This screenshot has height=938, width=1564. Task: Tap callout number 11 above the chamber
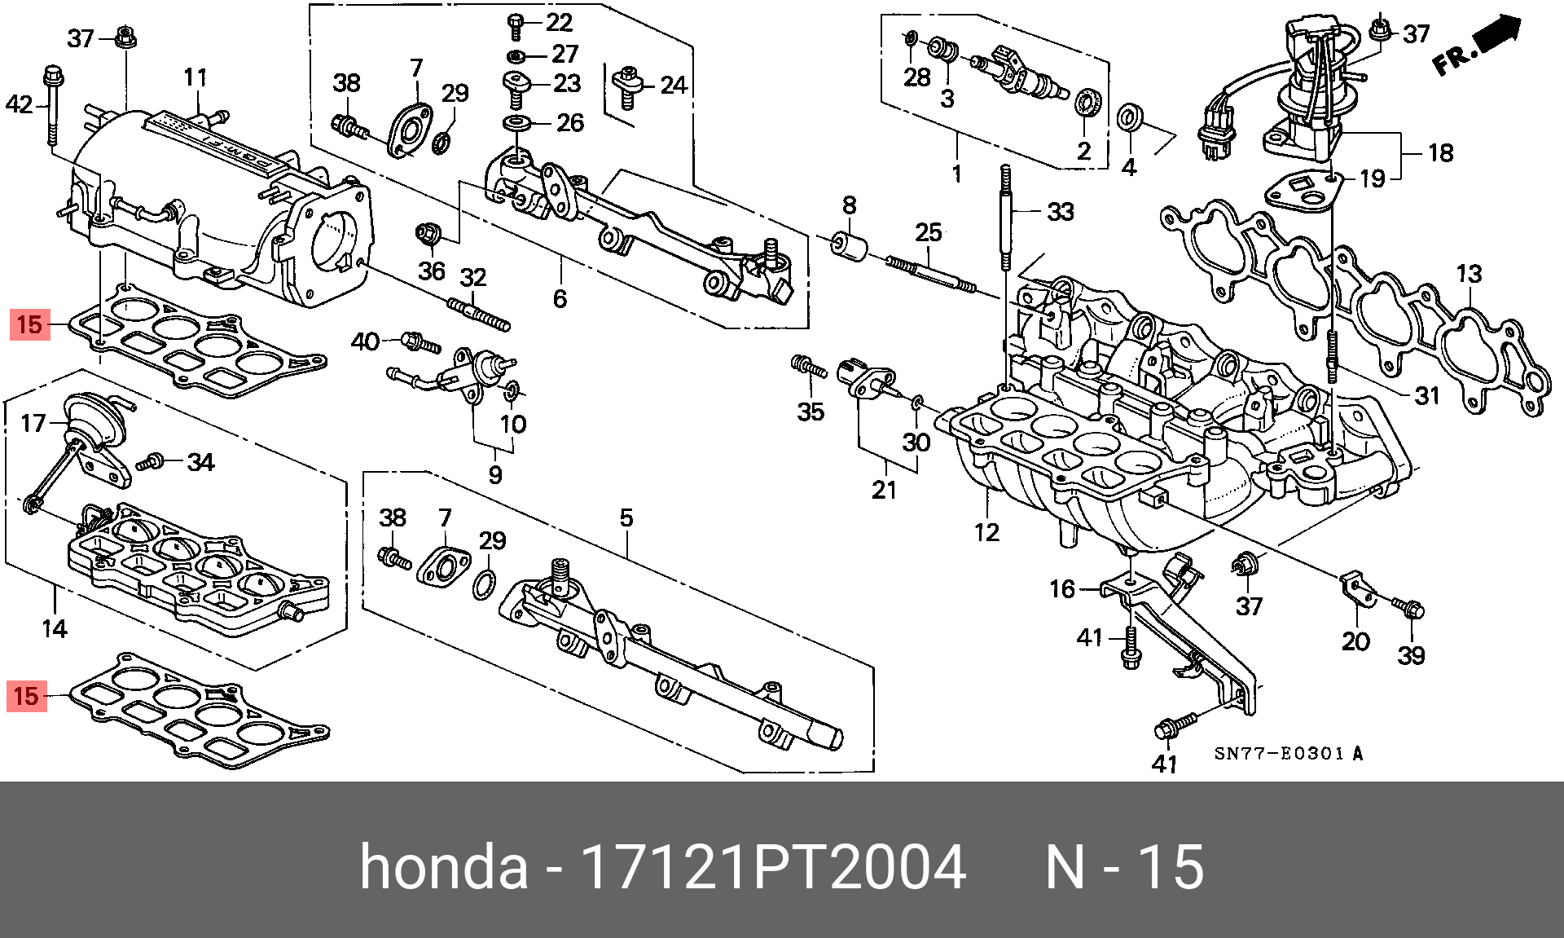[195, 79]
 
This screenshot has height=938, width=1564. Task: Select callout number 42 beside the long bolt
[20, 104]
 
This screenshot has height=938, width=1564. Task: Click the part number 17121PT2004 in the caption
[771, 867]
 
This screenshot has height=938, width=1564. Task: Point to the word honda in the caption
[443, 867]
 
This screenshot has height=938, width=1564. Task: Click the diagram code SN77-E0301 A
[1288, 754]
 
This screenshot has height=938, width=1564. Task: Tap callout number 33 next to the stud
[1060, 213]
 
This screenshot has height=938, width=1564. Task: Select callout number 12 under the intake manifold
[986, 533]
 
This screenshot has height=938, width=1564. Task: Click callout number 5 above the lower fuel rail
[626, 518]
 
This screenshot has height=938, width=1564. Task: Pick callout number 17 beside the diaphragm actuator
[33, 424]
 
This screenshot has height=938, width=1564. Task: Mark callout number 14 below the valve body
[55, 628]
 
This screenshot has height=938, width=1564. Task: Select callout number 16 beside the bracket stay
[1062, 588]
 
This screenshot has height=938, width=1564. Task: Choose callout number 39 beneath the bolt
[1411, 654]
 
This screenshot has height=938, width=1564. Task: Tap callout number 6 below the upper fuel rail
[560, 298]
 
